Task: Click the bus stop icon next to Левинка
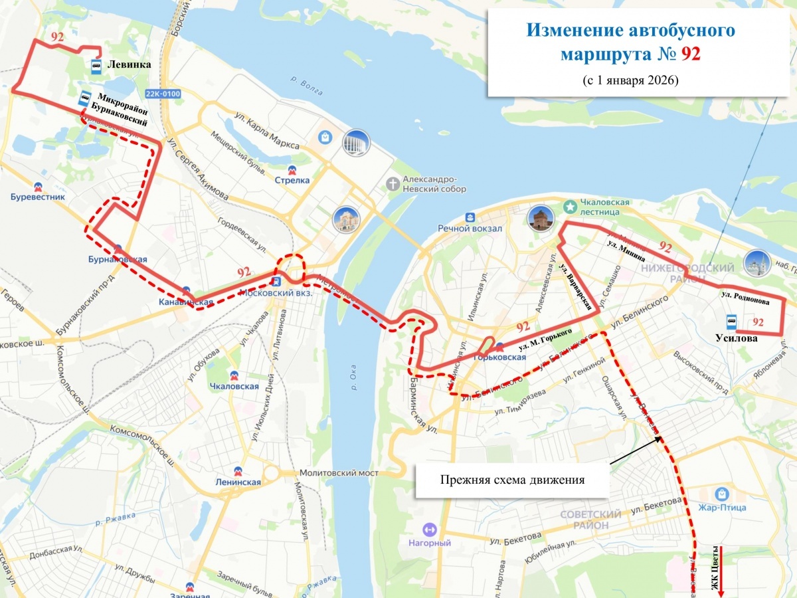pos(96,65)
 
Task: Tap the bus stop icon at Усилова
pos(731,322)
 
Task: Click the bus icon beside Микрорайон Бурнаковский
pos(84,99)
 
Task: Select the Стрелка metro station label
pos(292,180)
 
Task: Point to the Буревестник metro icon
pos(37,185)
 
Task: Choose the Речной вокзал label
pos(469,228)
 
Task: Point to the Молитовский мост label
pos(339,472)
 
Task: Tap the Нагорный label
pos(430,543)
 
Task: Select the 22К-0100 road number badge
pos(163,94)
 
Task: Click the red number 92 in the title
pos(691,54)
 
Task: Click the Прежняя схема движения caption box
pos(512,480)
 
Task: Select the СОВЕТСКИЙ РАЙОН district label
pos(590,520)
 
